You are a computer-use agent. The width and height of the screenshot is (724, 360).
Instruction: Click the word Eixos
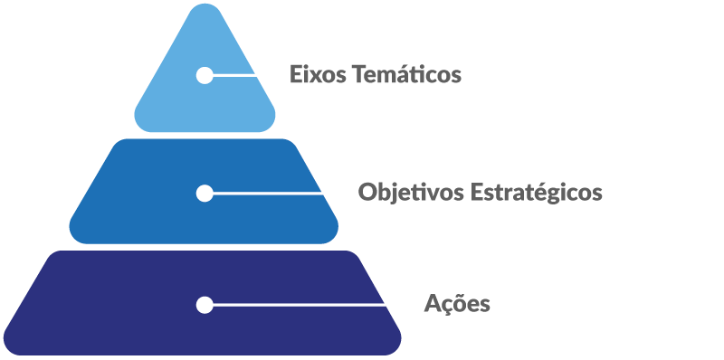click(x=313, y=74)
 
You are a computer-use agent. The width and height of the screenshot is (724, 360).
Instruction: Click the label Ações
click(x=457, y=304)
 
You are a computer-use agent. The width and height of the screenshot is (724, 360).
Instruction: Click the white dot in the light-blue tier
click(x=205, y=75)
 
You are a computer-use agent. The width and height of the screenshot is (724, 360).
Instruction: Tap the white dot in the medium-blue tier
click(x=205, y=193)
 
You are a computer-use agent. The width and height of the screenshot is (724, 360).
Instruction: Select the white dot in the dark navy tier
click(x=205, y=305)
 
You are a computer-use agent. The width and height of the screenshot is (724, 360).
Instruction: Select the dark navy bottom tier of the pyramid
click(x=109, y=317)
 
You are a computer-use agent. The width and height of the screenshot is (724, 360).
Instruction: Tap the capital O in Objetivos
click(x=367, y=193)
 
